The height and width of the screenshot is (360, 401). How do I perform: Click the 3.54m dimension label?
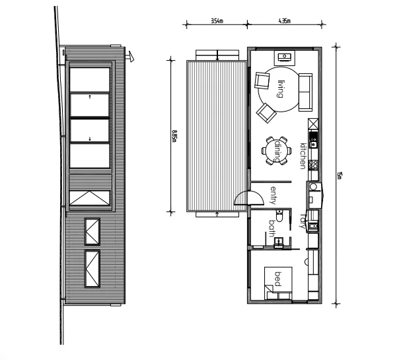(x=216, y=21)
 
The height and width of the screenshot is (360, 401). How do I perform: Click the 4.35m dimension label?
(x=285, y=21)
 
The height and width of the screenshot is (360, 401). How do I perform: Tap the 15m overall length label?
(x=339, y=175)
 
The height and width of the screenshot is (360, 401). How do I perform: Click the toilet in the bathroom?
(x=279, y=217)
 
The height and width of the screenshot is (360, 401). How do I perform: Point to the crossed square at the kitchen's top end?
(x=312, y=124)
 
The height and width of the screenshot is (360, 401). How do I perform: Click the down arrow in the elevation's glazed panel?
(x=90, y=139)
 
